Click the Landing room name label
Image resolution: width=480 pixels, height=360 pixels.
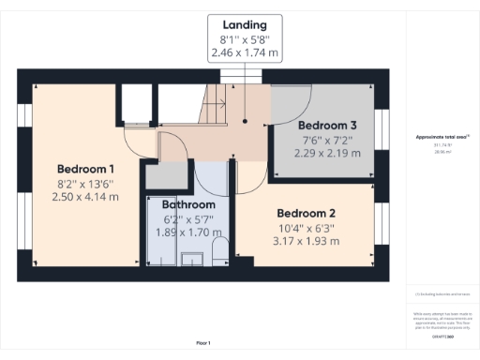coord(245,24)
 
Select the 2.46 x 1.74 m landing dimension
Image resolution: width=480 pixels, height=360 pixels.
coord(245,54)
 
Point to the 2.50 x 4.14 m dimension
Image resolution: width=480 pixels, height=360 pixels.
coord(84,197)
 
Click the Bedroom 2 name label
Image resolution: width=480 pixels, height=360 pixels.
coord(307,213)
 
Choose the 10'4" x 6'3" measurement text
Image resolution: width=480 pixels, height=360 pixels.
coord(307,228)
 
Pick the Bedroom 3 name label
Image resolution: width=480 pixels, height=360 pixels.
coord(327,125)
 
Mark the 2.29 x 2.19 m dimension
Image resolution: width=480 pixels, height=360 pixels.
coord(327,153)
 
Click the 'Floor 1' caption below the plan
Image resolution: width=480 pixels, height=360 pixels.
coord(203,343)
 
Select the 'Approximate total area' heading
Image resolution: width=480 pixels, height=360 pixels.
coord(442,137)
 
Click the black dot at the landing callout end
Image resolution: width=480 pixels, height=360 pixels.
coord(245,120)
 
